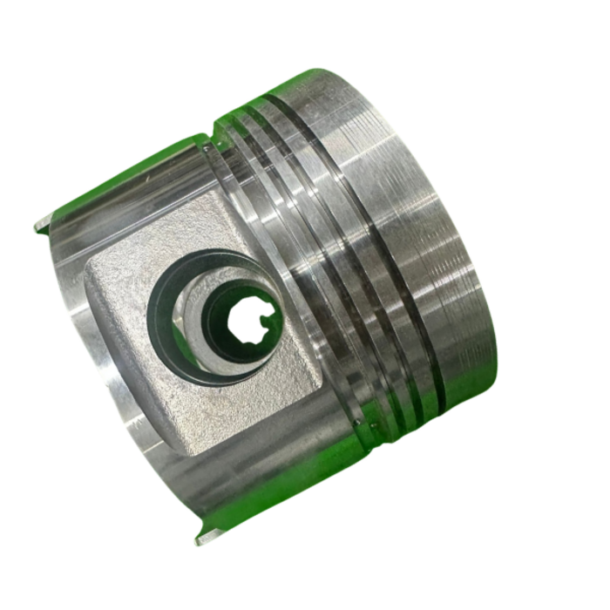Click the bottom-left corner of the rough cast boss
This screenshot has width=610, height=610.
[179, 450]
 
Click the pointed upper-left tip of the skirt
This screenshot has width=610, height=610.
[40, 228]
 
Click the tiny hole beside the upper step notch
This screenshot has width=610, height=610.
[206, 148]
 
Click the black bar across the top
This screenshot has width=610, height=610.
[305, 24]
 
